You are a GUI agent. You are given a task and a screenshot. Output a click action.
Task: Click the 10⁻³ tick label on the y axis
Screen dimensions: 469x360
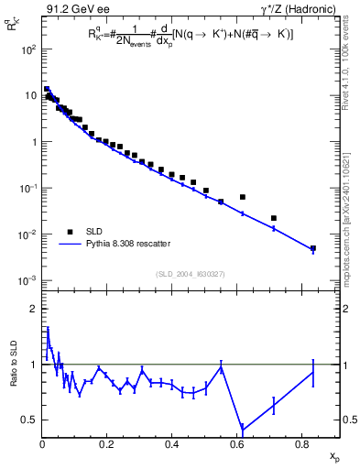[x=29, y=280]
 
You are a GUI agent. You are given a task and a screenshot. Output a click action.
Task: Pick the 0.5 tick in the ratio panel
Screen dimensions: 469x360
[x=30, y=420]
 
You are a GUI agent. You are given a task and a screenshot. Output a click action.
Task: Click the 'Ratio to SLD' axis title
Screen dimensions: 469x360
[x=14, y=375]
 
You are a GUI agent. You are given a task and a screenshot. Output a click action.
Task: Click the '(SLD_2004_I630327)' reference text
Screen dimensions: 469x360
[x=191, y=273]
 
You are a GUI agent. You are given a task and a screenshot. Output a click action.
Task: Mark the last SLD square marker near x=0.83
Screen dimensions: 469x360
[x=313, y=248]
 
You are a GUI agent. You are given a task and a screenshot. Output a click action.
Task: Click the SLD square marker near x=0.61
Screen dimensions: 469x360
[x=243, y=197]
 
